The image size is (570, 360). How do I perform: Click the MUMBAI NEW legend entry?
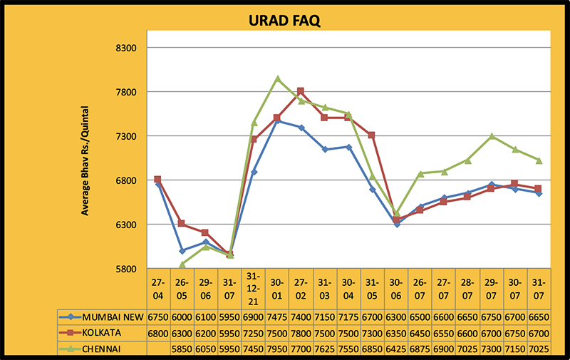pos(107,316)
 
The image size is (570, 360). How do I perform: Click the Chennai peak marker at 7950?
pos(277,78)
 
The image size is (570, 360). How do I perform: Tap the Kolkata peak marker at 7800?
pos(301,91)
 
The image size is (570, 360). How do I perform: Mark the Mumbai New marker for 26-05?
pos(182,251)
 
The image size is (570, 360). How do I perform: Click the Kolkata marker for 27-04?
pos(157,180)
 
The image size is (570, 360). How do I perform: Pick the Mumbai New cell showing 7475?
pos(277,316)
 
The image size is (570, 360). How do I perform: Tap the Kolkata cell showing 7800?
pos(301,333)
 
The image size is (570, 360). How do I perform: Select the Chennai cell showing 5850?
pos(182,349)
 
